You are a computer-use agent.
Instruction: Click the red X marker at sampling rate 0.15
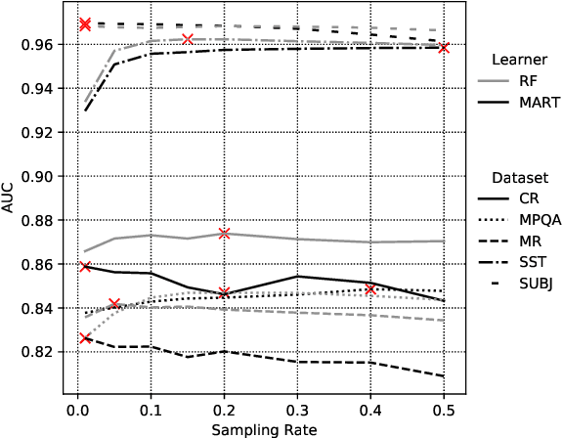tap(188, 39)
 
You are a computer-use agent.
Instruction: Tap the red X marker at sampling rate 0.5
tap(444, 47)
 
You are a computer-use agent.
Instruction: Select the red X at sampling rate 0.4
tap(370, 289)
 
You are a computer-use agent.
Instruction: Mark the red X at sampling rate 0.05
tap(114, 304)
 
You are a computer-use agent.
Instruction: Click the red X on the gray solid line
tap(225, 234)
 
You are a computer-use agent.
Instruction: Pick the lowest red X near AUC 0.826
tap(85, 337)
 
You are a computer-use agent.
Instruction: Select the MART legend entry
tap(540, 103)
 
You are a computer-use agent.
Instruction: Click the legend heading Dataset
tap(518, 178)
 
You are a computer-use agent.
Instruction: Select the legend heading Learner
tap(518, 60)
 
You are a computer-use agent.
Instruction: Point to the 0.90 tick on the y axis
tap(45, 176)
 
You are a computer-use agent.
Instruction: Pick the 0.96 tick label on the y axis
tap(45, 44)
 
